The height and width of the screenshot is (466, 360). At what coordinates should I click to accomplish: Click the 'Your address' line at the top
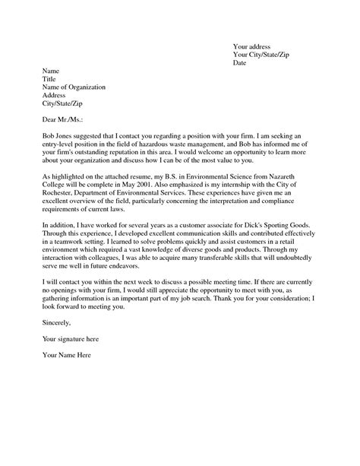pyautogui.click(x=256, y=45)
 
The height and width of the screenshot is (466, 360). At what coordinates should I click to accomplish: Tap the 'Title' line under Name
pyautogui.click(x=50, y=79)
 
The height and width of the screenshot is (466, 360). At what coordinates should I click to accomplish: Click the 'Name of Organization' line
pyautogui.click(x=74, y=87)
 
